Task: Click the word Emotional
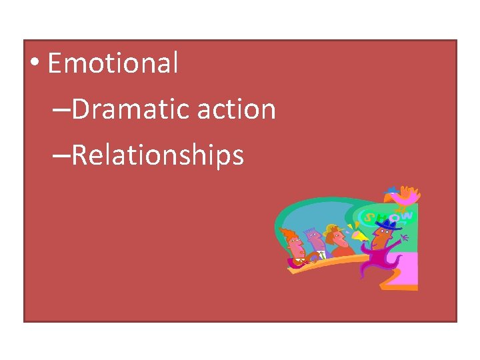[x=113, y=64]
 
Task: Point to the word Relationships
[x=157, y=155]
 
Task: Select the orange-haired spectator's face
[x=294, y=244]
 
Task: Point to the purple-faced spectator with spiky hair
[x=313, y=241]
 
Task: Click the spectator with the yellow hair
[x=334, y=237]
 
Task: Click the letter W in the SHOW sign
[x=407, y=215]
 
